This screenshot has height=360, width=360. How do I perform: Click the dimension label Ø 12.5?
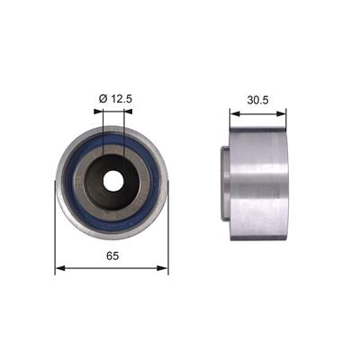coord(115,99)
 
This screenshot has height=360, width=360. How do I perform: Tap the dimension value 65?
coord(112,256)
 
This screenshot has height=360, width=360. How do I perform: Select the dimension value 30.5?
coord(257,100)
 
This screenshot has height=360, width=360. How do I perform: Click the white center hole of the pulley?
coord(112,181)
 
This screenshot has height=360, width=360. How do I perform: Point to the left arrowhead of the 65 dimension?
coord(60,268)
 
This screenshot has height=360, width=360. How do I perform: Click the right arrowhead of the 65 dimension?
coord(162,268)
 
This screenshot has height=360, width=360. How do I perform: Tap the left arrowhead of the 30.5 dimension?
coord(235,113)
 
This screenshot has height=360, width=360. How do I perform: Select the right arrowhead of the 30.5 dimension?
coord(281,113)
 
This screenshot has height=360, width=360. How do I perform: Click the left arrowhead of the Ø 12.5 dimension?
coord(98,112)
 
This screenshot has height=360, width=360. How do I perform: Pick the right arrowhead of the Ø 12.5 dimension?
coord(128,112)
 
